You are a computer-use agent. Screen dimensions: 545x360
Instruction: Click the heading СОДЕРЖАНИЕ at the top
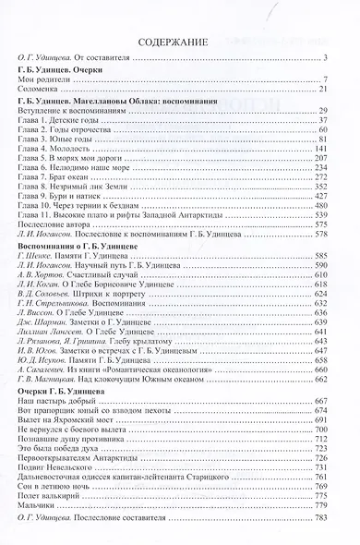(x=179, y=42)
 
